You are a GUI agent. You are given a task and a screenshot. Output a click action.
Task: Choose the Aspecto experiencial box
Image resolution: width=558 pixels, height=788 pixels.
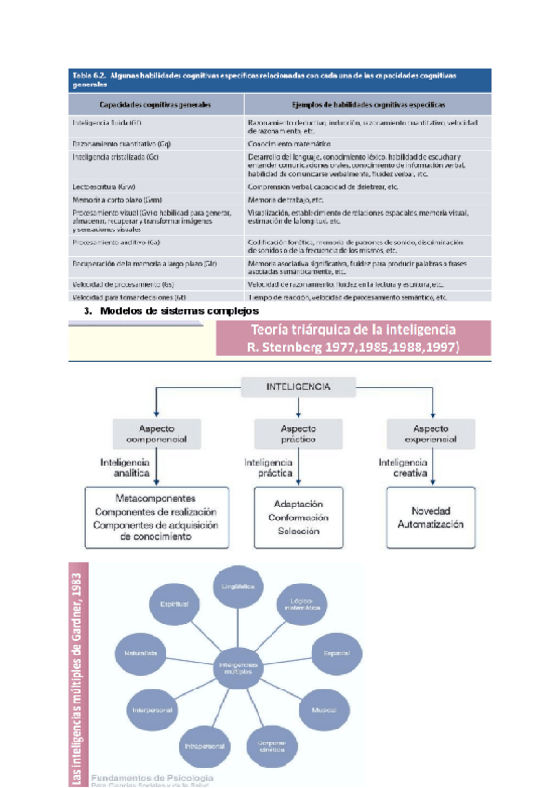click(424, 434)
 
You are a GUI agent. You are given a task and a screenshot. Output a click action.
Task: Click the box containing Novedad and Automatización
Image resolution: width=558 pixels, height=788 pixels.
click(429, 518)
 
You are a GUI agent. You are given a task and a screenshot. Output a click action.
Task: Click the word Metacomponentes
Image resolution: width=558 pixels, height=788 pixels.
click(154, 496)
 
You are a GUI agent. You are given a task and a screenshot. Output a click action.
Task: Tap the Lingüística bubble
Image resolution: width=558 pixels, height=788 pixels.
click(237, 587)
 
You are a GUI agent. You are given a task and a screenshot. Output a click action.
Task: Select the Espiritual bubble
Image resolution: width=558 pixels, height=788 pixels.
click(174, 604)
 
